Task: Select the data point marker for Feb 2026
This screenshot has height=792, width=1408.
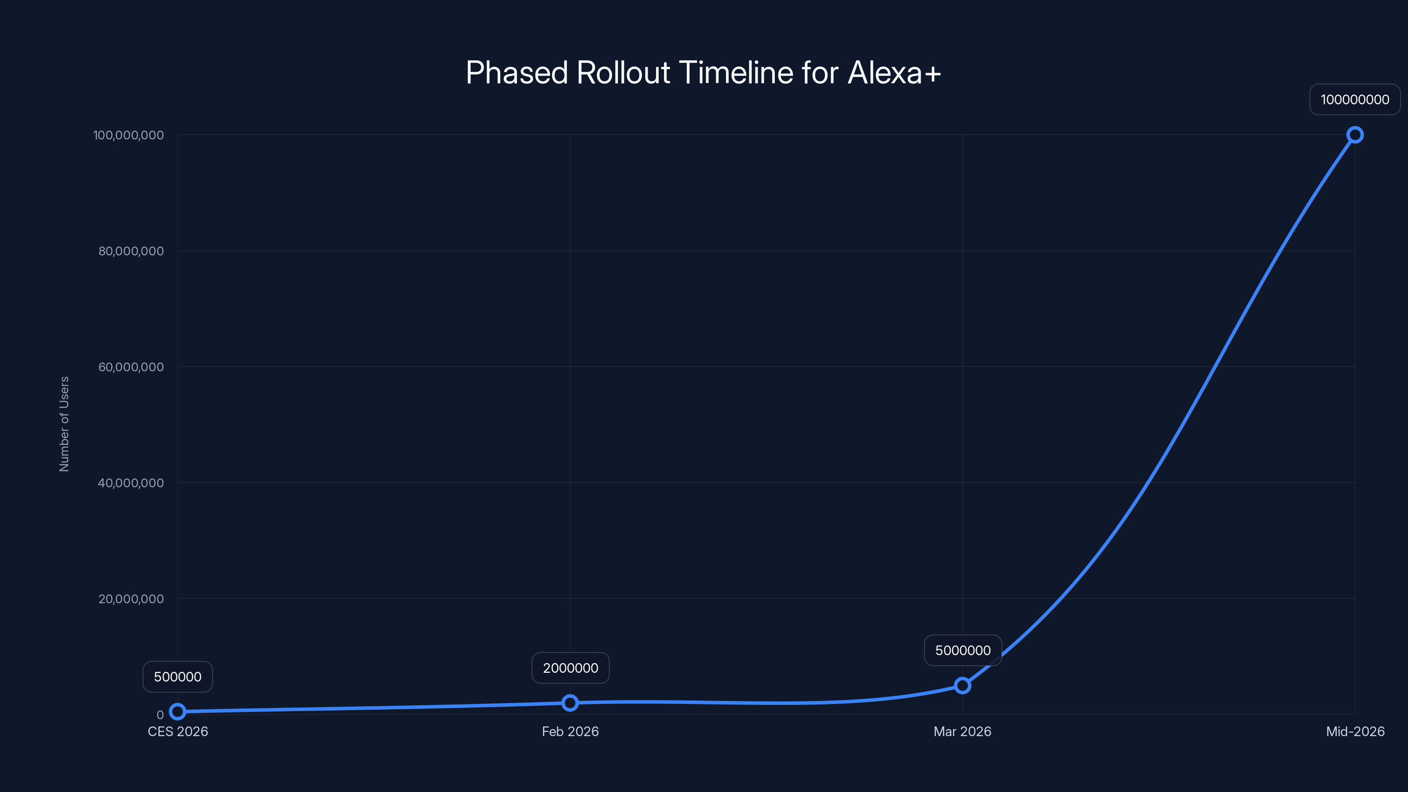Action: pos(569,703)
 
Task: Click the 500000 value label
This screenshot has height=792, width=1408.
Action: pos(178,677)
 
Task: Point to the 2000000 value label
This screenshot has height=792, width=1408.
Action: pos(570,668)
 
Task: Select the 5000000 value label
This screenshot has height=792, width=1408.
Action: pos(963,650)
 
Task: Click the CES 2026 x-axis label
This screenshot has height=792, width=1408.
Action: pos(178,731)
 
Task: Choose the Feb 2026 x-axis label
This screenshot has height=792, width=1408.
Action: pos(570,731)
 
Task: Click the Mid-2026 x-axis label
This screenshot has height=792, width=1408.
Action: pos(1355,731)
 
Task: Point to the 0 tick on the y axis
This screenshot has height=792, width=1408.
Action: pos(160,715)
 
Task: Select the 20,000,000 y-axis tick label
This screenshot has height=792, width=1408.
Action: pos(131,599)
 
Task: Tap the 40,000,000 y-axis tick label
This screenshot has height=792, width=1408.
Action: pos(131,483)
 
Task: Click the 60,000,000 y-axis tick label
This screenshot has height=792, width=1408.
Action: pos(131,367)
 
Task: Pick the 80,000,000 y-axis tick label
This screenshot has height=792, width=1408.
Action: pos(131,251)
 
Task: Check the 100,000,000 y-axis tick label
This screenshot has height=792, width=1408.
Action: pos(128,136)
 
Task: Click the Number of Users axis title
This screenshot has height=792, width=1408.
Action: pos(65,424)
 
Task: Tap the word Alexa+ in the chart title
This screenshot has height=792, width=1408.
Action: pos(894,73)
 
